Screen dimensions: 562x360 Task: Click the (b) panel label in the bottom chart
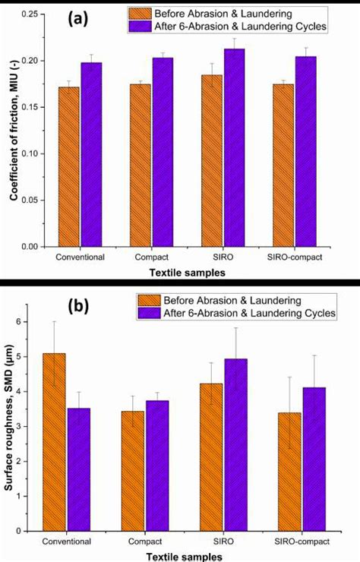tap(80, 308)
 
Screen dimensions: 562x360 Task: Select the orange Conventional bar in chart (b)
tap(54, 440)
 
